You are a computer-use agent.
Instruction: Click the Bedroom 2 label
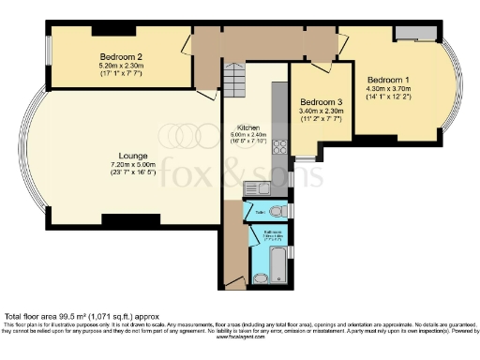point(119,57)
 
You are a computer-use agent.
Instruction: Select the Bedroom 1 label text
point(386,79)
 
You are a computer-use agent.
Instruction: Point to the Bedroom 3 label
point(319,102)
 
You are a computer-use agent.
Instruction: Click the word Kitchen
point(247,127)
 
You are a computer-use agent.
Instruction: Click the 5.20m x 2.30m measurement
point(119,66)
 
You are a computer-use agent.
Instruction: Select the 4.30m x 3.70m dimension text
point(386,88)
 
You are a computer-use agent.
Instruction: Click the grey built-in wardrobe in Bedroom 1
point(411,34)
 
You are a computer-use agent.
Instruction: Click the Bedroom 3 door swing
point(323,67)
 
